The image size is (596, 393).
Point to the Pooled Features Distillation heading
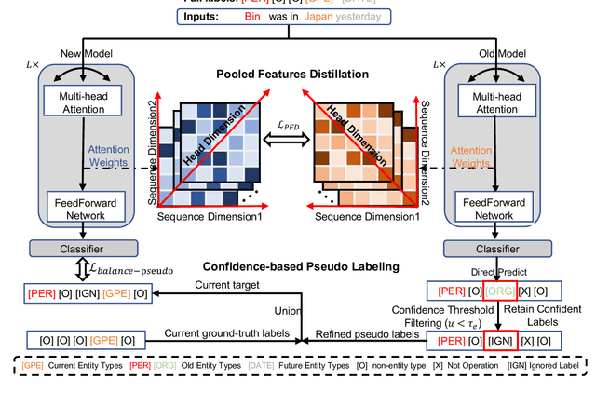point(291,74)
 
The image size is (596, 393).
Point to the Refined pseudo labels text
point(355,332)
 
